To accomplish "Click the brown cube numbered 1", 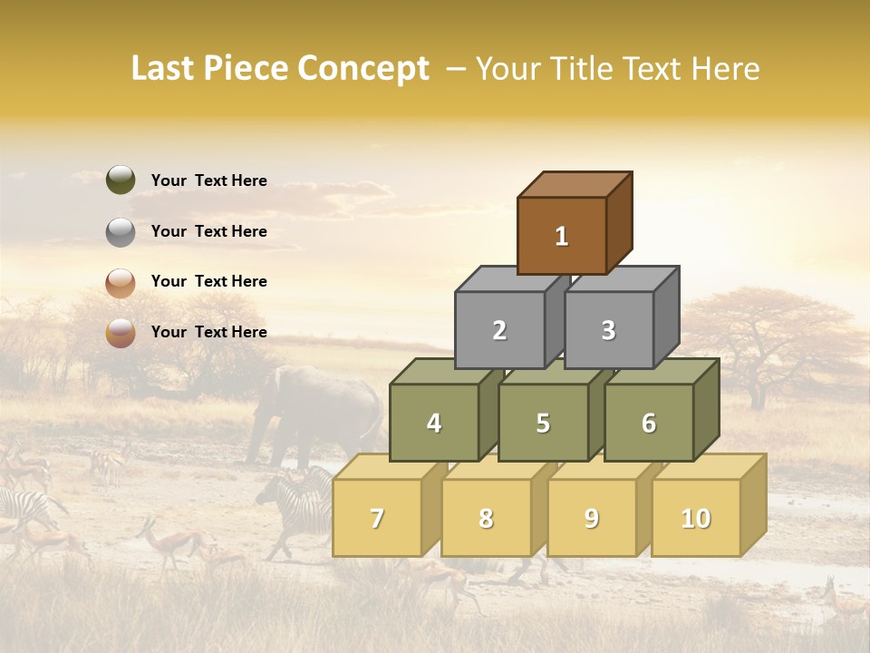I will click(562, 236).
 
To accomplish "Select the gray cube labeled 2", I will click(499, 330).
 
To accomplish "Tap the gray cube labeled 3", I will click(608, 330).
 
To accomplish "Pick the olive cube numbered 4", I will click(434, 423).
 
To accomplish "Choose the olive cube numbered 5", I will click(543, 423).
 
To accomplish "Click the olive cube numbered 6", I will click(649, 423).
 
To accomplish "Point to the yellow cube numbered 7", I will click(377, 518).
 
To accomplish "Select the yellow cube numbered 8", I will click(486, 518).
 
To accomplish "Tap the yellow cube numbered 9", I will click(591, 518).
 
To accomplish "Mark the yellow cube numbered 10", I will click(695, 518).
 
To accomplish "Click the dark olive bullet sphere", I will click(121, 180).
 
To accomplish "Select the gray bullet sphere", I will click(121, 231).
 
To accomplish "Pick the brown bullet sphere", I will click(121, 282).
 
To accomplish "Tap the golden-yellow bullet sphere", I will click(121, 333).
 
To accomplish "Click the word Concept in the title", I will click(362, 69).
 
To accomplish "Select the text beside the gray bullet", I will click(208, 231).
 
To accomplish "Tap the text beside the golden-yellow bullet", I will click(208, 332).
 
